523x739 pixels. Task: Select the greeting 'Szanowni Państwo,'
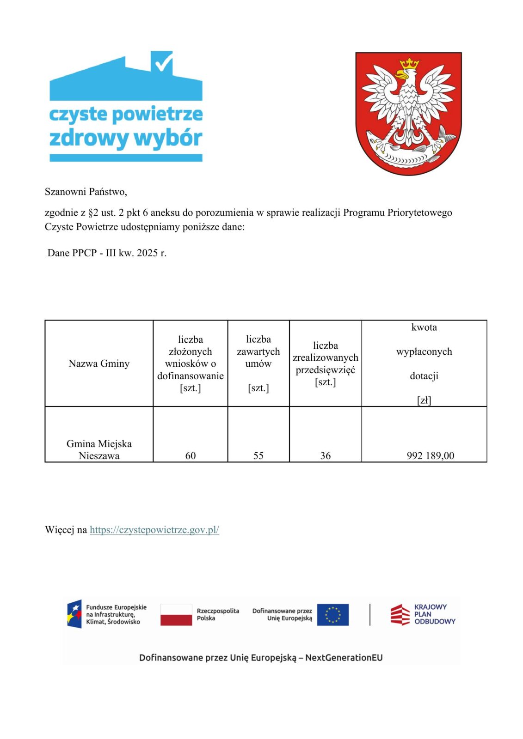point(86,191)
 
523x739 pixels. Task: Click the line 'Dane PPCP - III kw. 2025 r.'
point(107,253)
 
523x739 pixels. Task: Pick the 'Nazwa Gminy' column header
point(99,363)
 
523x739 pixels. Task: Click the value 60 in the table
point(191,455)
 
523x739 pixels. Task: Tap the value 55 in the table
point(258,455)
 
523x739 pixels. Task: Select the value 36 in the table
point(326,455)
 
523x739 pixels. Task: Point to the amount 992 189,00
point(431,455)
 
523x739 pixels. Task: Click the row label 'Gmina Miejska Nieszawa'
point(99,449)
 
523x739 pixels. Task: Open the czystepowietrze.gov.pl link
point(154,530)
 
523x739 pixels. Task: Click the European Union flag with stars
point(333,615)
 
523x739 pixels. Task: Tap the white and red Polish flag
point(176,615)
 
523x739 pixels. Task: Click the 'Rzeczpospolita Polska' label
point(218,614)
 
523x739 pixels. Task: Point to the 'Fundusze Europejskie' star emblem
point(74,614)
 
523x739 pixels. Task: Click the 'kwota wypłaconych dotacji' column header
point(424,363)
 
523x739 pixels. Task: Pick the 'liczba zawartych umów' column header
point(258,363)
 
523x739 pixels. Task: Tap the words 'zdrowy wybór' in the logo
point(126,138)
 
